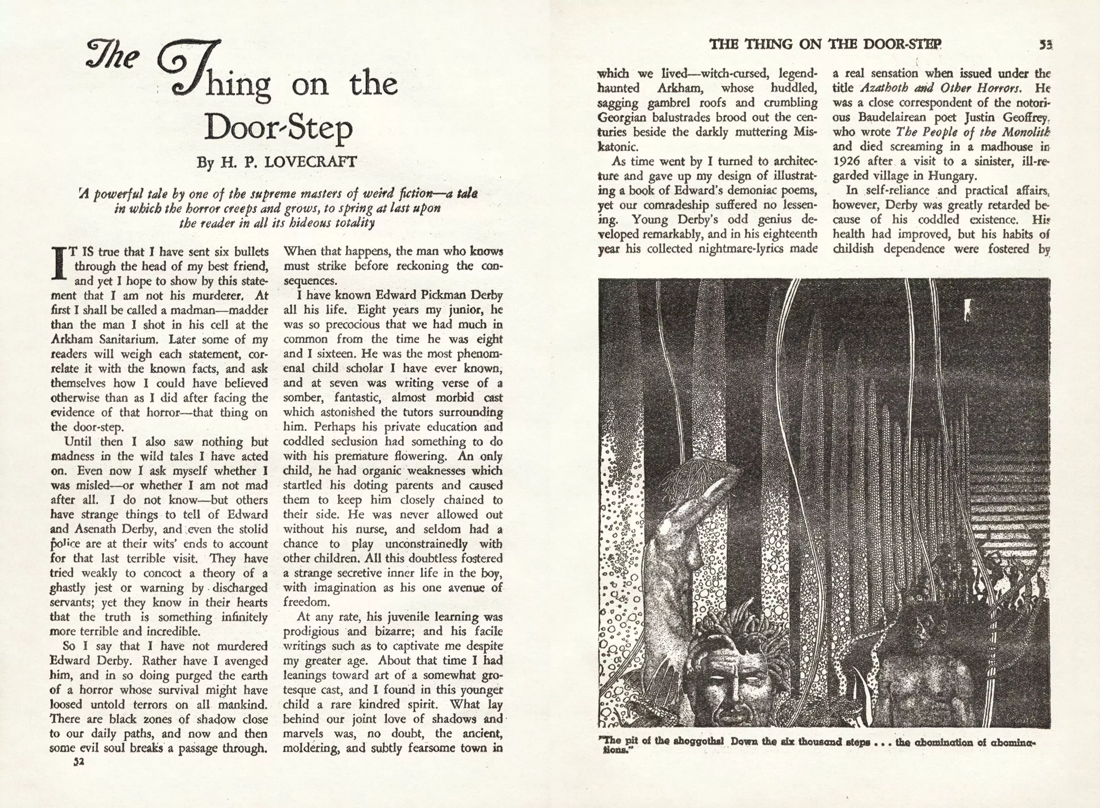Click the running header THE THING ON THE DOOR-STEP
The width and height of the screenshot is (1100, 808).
[825, 44]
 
